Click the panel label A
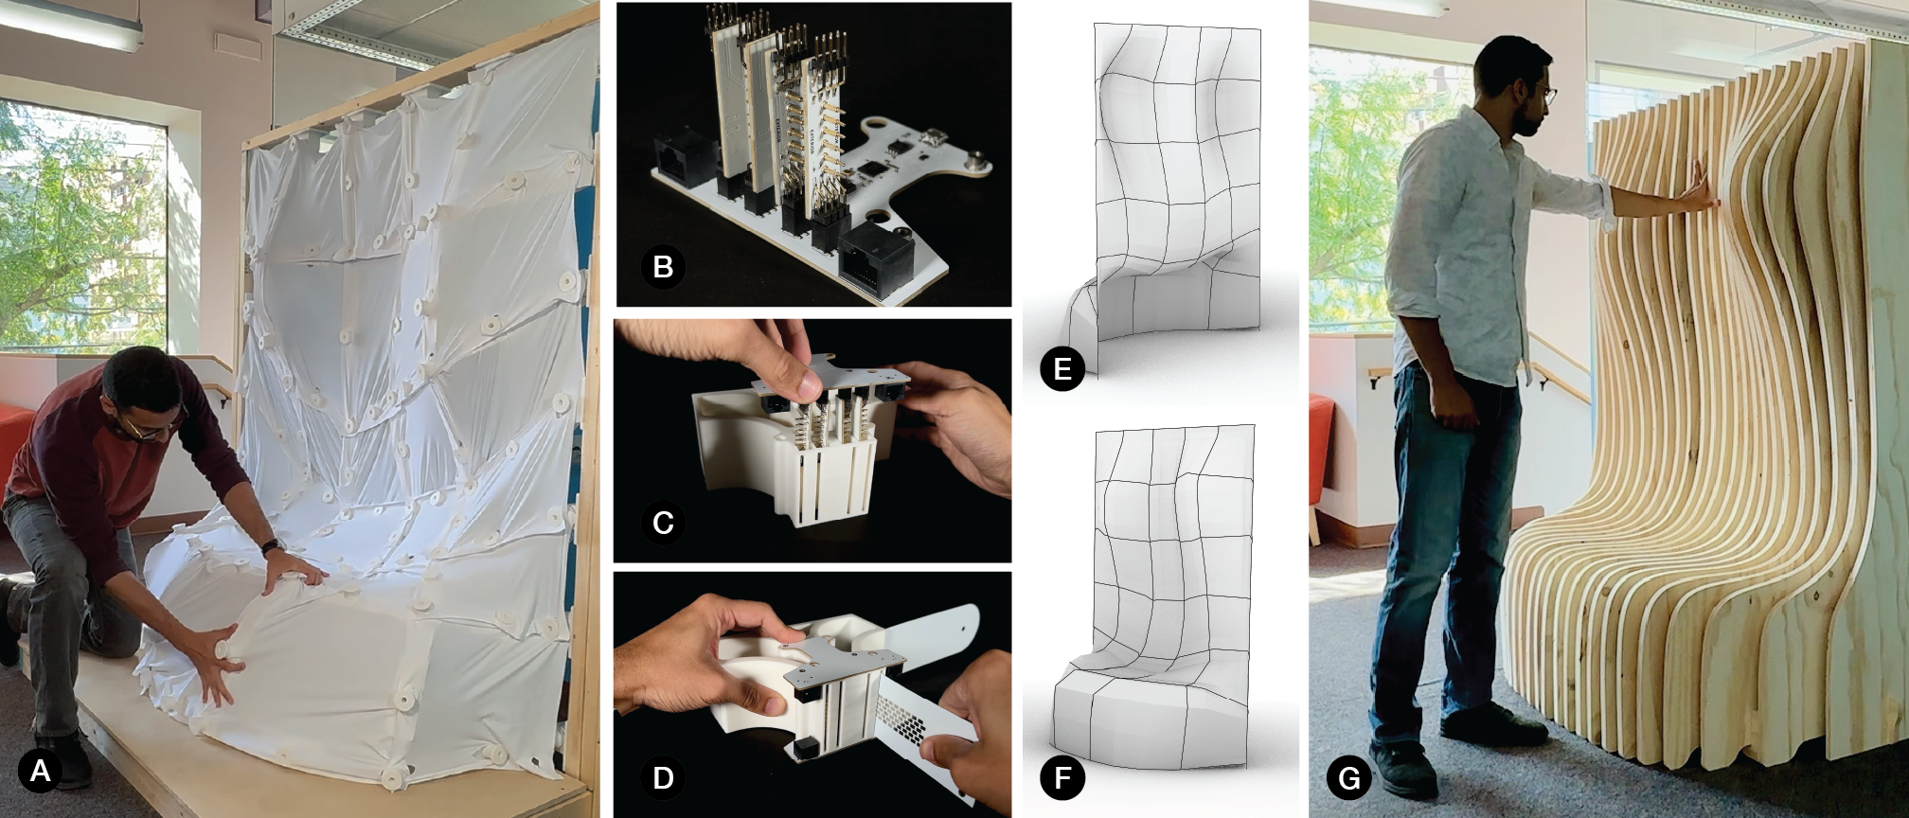40,771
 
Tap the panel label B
663,267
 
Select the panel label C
663,523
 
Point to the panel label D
663,777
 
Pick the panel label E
1062,369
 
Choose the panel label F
1062,778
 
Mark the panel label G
1349,778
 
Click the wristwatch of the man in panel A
272,546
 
